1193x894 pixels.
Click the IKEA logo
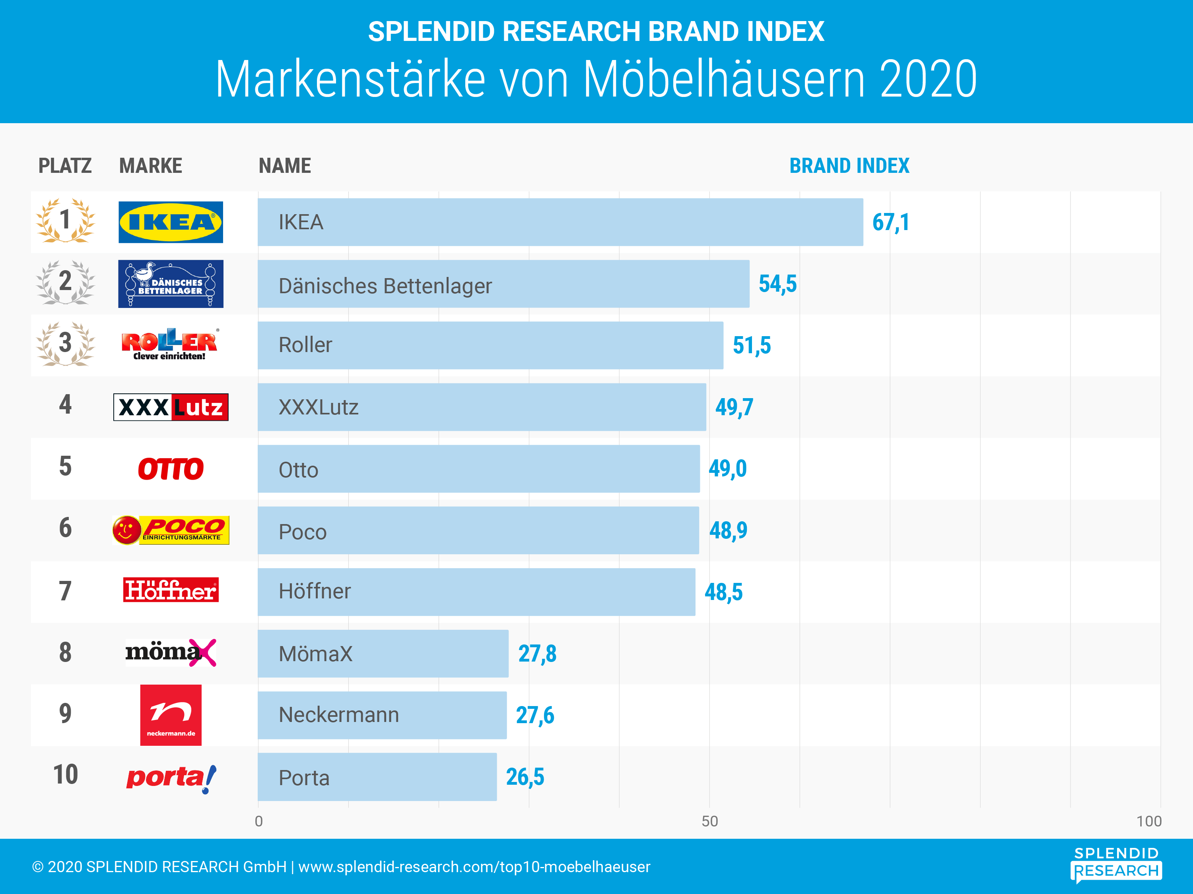[171, 222]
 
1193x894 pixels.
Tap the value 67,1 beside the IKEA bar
[890, 223]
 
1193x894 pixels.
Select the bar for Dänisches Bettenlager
[503, 284]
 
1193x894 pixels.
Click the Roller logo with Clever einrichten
[171, 345]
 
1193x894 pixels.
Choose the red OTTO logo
[171, 469]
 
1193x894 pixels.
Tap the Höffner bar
[476, 592]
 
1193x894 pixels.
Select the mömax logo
[171, 652]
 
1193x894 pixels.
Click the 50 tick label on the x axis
[709, 821]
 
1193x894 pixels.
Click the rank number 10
[65, 775]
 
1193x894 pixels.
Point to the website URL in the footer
[474, 867]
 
